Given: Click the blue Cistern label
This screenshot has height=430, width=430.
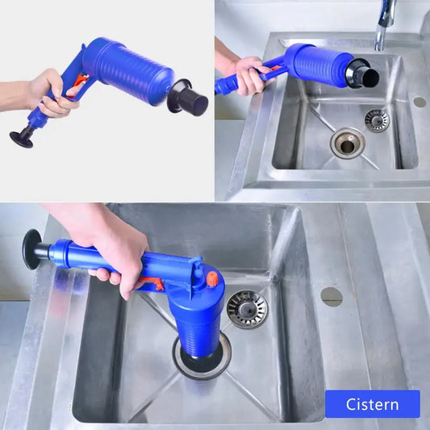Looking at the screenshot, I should click(x=372, y=403).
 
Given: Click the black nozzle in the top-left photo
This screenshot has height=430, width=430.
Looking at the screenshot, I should click(x=190, y=100).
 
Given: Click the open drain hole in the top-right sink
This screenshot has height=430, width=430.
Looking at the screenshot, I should click(x=347, y=144).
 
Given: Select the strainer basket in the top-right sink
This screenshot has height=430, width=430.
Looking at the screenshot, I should click(x=376, y=120).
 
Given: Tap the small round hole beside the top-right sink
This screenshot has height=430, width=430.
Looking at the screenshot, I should click(x=419, y=102).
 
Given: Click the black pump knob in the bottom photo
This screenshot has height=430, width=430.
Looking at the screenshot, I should click(x=32, y=249).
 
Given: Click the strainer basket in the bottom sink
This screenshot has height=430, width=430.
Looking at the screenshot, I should click(x=246, y=309).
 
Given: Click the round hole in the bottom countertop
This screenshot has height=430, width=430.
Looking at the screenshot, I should click(x=331, y=296).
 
